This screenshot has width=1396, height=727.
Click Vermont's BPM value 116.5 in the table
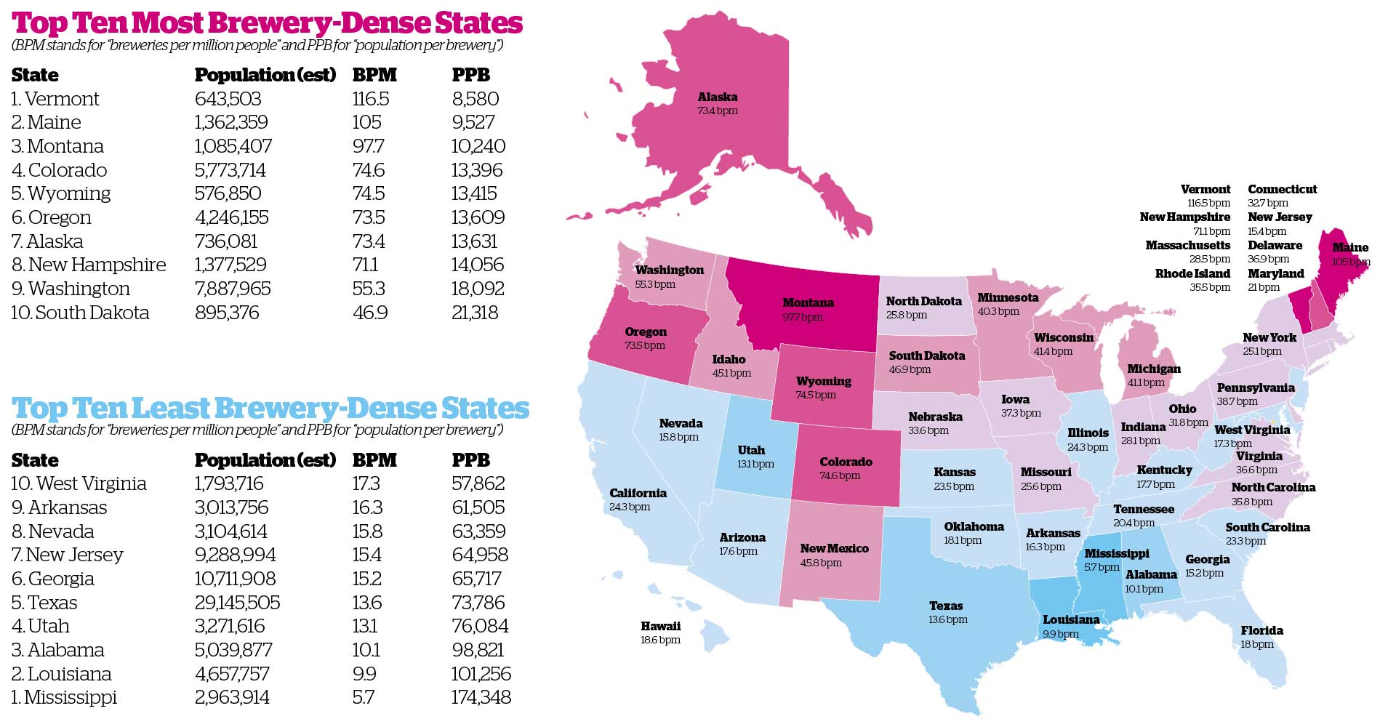[x=371, y=99]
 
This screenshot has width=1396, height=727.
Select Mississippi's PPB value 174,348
[x=481, y=697]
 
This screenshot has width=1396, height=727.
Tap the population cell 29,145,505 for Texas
[x=237, y=603]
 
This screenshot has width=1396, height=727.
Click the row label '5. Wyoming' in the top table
[x=61, y=193]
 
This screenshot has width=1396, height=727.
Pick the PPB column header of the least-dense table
[x=470, y=460]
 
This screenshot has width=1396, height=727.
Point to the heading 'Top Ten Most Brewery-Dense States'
[x=267, y=23]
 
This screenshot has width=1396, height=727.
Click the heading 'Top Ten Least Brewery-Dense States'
[x=270, y=408]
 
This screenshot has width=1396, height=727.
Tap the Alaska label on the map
[x=717, y=97]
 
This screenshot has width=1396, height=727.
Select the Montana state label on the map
[x=808, y=302]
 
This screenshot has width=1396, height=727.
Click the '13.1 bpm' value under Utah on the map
[x=755, y=464]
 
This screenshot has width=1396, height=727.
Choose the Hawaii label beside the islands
[x=660, y=626]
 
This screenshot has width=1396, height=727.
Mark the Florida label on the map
[x=1261, y=630]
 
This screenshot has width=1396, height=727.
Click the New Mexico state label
[x=834, y=548]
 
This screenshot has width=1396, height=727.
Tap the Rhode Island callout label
[x=1192, y=273]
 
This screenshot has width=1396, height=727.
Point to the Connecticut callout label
[x=1282, y=189]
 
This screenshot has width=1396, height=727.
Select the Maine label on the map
[x=1350, y=247]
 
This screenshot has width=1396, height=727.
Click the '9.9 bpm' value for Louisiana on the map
[x=1061, y=634]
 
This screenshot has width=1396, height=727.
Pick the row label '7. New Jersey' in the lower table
[x=67, y=555]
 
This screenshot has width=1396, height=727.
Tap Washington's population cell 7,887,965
[x=232, y=289]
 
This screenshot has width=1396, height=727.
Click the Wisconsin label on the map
[x=1063, y=337]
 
